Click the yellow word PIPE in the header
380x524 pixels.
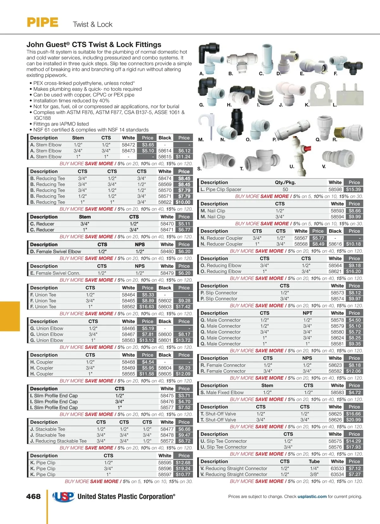[42, 23]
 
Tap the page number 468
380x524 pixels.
[33, 496]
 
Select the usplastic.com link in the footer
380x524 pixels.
[312, 496]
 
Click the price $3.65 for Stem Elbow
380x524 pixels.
[148, 145]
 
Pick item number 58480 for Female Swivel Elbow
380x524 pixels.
[167, 251]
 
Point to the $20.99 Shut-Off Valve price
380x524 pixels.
[353, 420]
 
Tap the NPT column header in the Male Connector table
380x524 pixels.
[307, 313]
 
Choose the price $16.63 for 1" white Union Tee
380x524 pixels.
[147, 306]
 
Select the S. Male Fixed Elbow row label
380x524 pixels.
[222, 392]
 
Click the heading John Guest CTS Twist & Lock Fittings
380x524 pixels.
[94, 45]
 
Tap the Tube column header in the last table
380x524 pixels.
[314, 461]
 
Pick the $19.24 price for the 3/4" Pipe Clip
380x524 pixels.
[183, 469]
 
